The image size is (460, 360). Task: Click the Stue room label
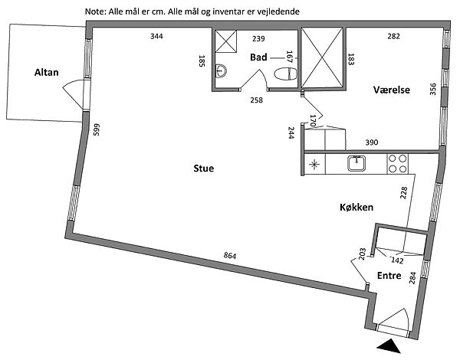click(x=203, y=168)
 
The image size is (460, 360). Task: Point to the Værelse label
click(x=391, y=90)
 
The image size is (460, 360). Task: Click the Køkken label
click(x=356, y=208)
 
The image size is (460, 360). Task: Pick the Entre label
click(x=389, y=276)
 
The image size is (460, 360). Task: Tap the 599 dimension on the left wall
click(x=97, y=131)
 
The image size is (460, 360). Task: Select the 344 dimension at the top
click(x=156, y=36)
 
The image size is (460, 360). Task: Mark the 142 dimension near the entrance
click(x=397, y=260)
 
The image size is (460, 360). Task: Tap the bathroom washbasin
click(x=221, y=72)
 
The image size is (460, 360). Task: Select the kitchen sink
click(x=356, y=162)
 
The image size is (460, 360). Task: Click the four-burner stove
click(x=396, y=162)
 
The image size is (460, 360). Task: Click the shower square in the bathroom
click(x=225, y=42)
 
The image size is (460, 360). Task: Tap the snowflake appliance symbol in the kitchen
click(x=314, y=163)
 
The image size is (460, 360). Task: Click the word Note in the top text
click(x=97, y=12)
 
